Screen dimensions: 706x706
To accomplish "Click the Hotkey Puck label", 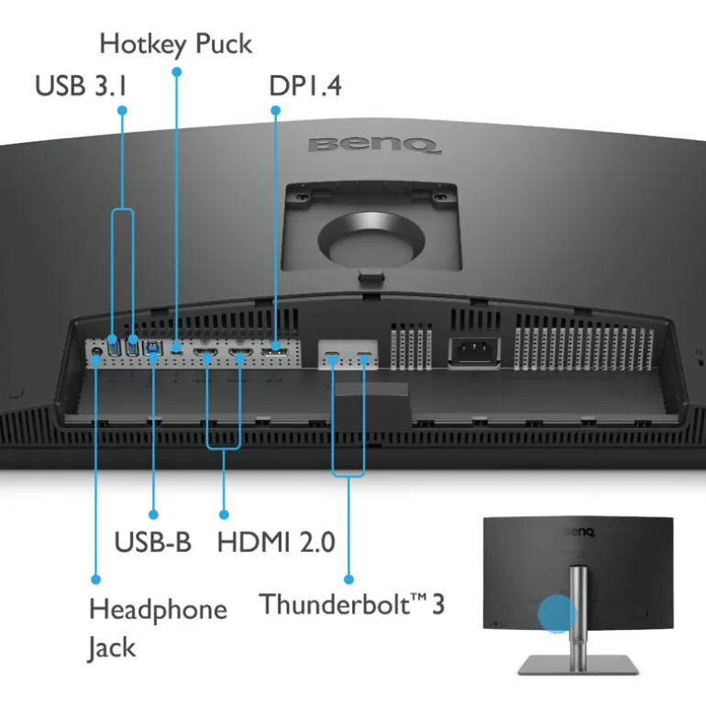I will (x=175, y=42).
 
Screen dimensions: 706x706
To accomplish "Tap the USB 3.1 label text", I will (x=82, y=86).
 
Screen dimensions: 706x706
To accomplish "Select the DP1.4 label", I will (x=304, y=86).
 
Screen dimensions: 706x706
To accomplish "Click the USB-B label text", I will (x=152, y=541).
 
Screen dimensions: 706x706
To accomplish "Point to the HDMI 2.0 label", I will (x=276, y=541).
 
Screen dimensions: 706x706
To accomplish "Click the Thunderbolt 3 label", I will (x=351, y=604).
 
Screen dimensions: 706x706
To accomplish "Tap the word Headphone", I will (x=157, y=609).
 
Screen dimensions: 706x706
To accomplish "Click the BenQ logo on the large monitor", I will (x=373, y=144).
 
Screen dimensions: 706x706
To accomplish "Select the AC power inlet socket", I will (x=473, y=352).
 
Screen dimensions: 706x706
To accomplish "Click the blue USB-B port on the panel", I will (x=151, y=348).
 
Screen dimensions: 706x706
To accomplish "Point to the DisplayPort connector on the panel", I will (x=274, y=351).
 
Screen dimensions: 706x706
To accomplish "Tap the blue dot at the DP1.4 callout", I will (x=274, y=110).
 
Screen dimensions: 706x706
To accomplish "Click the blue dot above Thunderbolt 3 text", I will (x=348, y=579).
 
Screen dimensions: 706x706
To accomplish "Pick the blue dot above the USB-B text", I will (x=153, y=514).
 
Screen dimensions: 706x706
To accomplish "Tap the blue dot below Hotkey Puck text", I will (x=176, y=70).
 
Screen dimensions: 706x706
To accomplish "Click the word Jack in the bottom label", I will (x=112, y=647).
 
